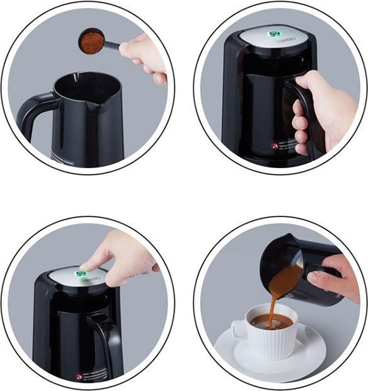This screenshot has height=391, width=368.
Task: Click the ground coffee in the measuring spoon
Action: click(x=92, y=42)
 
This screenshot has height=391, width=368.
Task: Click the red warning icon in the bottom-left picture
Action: click(x=79, y=377)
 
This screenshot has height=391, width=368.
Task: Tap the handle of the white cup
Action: click(x=239, y=331)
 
